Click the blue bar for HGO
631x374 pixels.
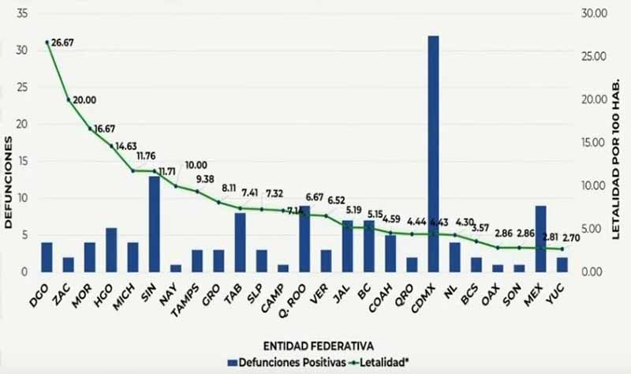pyautogui.click(x=111, y=250)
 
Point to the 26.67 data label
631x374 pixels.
pyautogui.click(x=64, y=43)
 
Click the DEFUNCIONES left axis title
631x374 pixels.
pyautogui.click(x=9, y=181)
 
